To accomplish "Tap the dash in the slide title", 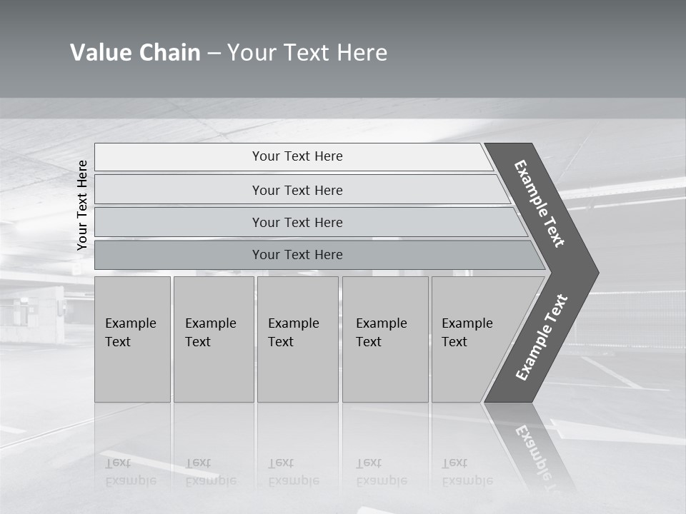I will [x=214, y=54].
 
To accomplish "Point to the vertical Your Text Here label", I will [x=82, y=205].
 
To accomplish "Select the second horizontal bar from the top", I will [x=297, y=190].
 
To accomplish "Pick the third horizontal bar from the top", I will [x=297, y=222].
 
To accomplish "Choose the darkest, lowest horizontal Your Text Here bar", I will [x=297, y=255].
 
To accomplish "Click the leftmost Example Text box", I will [x=132, y=338].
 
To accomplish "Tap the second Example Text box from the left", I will [x=214, y=338].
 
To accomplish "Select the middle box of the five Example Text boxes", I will [x=297, y=338].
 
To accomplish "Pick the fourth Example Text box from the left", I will [x=385, y=338].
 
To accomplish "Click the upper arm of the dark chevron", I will [x=540, y=203].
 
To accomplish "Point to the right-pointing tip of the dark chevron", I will [x=595, y=272].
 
